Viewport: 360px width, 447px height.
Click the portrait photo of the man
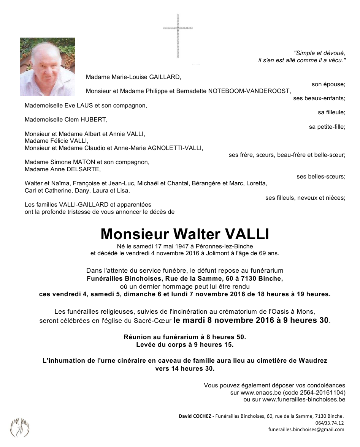click(x=47, y=67)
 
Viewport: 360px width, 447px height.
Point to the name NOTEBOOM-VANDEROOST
click(x=249, y=91)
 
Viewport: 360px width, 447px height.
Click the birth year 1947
click(x=173, y=246)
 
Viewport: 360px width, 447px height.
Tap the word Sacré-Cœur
click(x=154, y=321)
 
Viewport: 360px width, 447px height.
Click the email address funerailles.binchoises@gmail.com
click(x=306, y=430)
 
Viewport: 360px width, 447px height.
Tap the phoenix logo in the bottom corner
click(x=19, y=427)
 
